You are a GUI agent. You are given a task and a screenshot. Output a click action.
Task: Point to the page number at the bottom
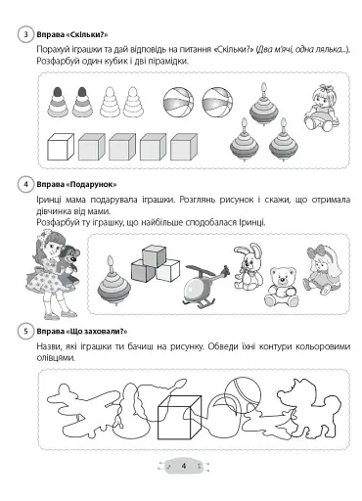[183, 466]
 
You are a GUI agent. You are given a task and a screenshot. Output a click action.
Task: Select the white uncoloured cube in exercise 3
[62, 148]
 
